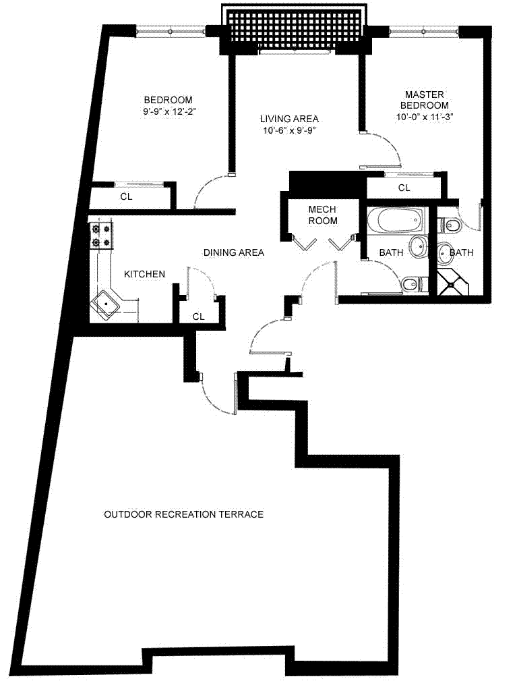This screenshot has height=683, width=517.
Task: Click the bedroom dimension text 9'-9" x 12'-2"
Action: click(168, 111)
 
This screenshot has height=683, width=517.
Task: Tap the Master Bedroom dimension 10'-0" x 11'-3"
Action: click(424, 117)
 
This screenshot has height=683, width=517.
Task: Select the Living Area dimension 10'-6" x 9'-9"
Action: click(289, 131)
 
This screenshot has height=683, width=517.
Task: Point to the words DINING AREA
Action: click(233, 252)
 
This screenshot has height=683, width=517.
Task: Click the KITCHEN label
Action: click(144, 274)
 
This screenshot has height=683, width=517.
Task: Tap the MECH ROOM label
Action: click(322, 215)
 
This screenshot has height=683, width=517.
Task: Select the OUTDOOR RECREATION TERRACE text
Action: click(183, 514)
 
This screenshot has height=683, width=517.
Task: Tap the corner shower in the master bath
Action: click(452, 284)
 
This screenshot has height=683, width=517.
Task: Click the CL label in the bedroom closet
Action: click(126, 197)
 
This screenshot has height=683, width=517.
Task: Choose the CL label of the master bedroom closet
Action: click(404, 188)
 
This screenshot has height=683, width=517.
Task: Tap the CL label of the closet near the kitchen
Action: click(198, 317)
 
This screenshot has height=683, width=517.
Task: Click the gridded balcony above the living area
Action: click(296, 28)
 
